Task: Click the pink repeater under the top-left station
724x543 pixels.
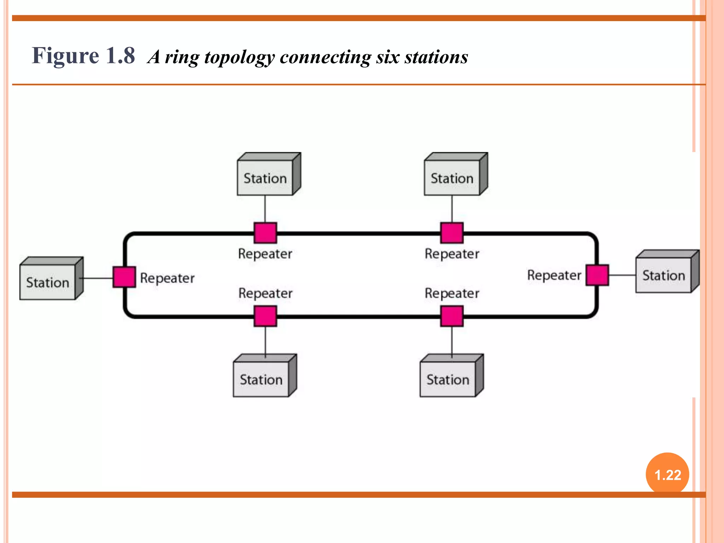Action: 265,233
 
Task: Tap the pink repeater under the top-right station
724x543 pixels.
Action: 452,233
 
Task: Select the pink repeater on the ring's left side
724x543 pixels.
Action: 124,277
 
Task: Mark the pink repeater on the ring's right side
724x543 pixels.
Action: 597,275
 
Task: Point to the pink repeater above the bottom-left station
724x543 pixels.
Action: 265,316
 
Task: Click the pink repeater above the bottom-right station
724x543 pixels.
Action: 452,316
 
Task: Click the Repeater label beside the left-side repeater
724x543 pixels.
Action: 167,278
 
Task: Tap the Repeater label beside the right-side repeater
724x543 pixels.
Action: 554,275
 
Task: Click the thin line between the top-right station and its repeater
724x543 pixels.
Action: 452,209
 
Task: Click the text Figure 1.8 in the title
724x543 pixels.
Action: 83,56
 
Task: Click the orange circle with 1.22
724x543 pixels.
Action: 667,474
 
